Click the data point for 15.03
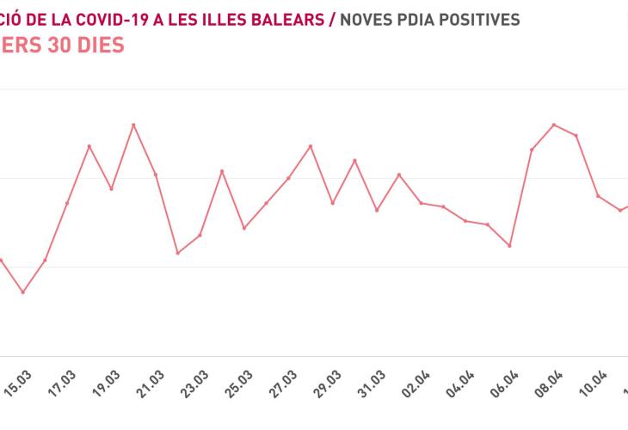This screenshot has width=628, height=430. point(23,292)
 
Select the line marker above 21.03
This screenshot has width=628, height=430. point(156,175)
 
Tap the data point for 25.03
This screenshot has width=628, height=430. point(244,228)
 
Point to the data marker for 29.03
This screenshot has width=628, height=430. point(333,203)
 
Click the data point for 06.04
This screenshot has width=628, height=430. point(510,246)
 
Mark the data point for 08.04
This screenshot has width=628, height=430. point(554,125)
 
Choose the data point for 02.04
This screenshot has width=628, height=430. point(421,203)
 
